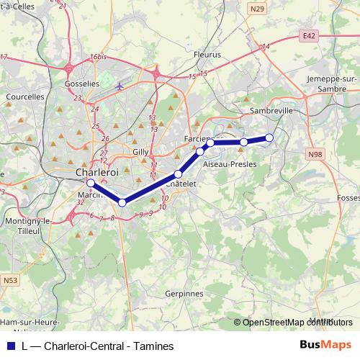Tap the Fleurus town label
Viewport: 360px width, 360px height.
208,53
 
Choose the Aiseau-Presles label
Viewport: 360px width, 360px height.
230,165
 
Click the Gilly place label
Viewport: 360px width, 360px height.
140,152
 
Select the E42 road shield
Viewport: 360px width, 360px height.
310,35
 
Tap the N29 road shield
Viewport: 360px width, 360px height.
258,9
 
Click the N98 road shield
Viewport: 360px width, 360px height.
314,154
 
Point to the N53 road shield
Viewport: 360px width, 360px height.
11,280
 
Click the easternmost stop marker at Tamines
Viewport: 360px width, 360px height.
269,138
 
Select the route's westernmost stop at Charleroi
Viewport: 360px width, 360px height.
90,184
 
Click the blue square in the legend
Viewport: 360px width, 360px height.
8,346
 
